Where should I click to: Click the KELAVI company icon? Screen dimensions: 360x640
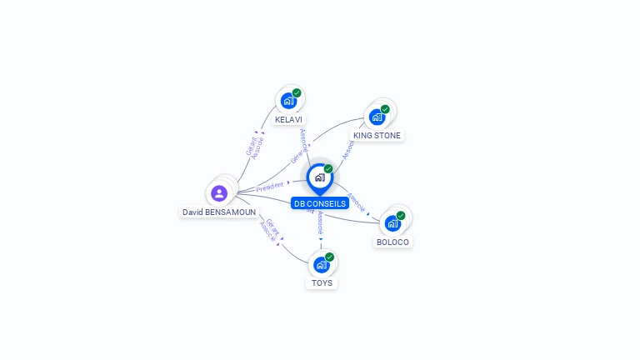click(288, 101)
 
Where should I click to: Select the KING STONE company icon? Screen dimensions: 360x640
click(377, 117)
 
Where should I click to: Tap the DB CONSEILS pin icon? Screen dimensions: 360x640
click(319, 177)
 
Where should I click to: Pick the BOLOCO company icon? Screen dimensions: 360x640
click(392, 223)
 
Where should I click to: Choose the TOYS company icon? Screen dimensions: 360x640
click(321, 265)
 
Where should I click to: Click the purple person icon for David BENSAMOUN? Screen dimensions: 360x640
click(219, 193)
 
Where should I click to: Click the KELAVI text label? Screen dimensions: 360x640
click(289, 120)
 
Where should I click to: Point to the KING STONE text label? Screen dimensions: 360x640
click(377, 136)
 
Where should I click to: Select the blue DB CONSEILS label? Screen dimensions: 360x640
click(320, 203)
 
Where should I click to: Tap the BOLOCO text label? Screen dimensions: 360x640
click(392, 242)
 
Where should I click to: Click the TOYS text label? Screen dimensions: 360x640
click(322, 283)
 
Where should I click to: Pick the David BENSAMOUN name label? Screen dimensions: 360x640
click(219, 212)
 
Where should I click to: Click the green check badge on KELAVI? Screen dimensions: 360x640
click(297, 92)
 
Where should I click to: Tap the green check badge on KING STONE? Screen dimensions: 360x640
click(385, 109)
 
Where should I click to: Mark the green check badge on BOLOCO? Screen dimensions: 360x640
click(401, 216)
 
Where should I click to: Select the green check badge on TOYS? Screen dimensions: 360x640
click(330, 257)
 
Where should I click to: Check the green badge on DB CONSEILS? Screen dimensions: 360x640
click(328, 169)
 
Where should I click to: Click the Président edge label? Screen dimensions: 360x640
click(270, 187)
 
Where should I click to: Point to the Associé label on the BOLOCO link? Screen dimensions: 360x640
click(356, 202)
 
